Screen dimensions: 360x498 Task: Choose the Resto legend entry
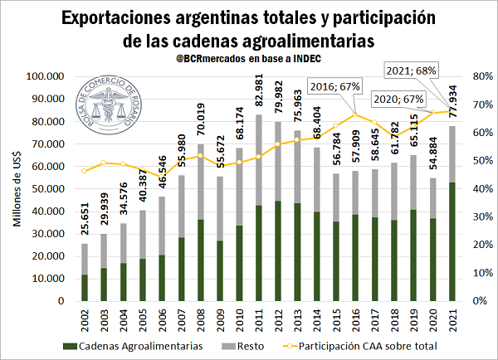pos(251,343)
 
